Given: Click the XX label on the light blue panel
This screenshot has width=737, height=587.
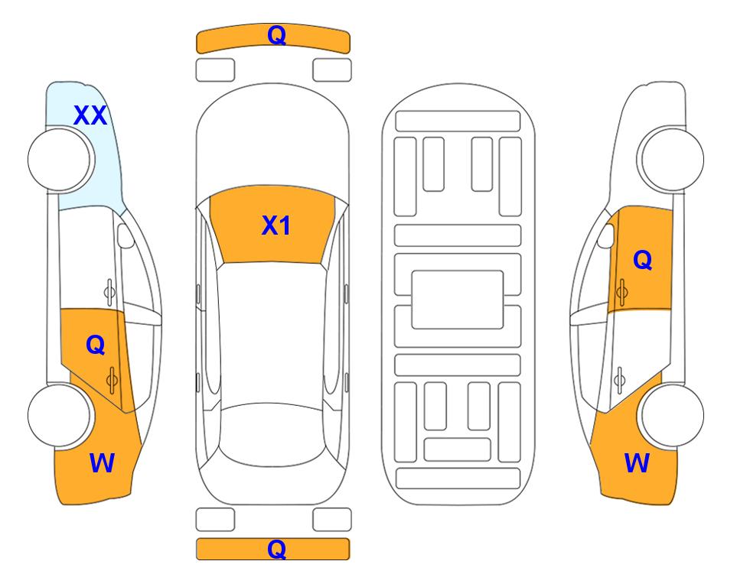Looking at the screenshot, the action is point(90,115).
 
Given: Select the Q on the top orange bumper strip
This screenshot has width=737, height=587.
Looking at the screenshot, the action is point(276,34).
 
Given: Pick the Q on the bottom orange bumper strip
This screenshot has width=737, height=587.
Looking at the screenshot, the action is point(276,549).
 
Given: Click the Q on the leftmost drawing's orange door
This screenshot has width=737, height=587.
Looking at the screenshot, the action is point(96,345).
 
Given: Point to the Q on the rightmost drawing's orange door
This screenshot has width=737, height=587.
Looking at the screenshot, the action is point(643,260).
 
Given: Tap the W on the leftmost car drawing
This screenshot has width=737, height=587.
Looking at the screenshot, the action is point(102,463).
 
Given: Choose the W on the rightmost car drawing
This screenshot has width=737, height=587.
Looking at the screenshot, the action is point(637,463).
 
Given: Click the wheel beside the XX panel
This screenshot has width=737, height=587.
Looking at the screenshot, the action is point(60,160).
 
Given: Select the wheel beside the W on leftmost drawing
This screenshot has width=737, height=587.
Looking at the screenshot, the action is point(60,416).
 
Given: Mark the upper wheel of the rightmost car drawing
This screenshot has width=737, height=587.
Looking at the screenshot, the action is point(670,159).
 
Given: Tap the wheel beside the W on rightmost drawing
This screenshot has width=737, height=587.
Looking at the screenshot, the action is point(672,416).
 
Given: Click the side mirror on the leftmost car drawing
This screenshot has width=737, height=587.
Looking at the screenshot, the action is point(126,235).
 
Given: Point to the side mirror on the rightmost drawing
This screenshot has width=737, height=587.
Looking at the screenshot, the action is point(606,235).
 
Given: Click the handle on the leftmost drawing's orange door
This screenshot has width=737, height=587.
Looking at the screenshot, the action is point(112,380).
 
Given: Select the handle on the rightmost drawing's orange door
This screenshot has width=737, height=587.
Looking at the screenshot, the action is point(621,292).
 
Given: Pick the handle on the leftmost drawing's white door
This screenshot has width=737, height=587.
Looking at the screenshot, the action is point(109,292).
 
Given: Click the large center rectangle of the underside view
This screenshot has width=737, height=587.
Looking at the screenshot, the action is point(458,300).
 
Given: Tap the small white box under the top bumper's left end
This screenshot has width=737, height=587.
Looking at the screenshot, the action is point(215,70).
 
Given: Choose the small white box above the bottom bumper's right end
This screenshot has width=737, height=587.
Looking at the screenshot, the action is point(332,520).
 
